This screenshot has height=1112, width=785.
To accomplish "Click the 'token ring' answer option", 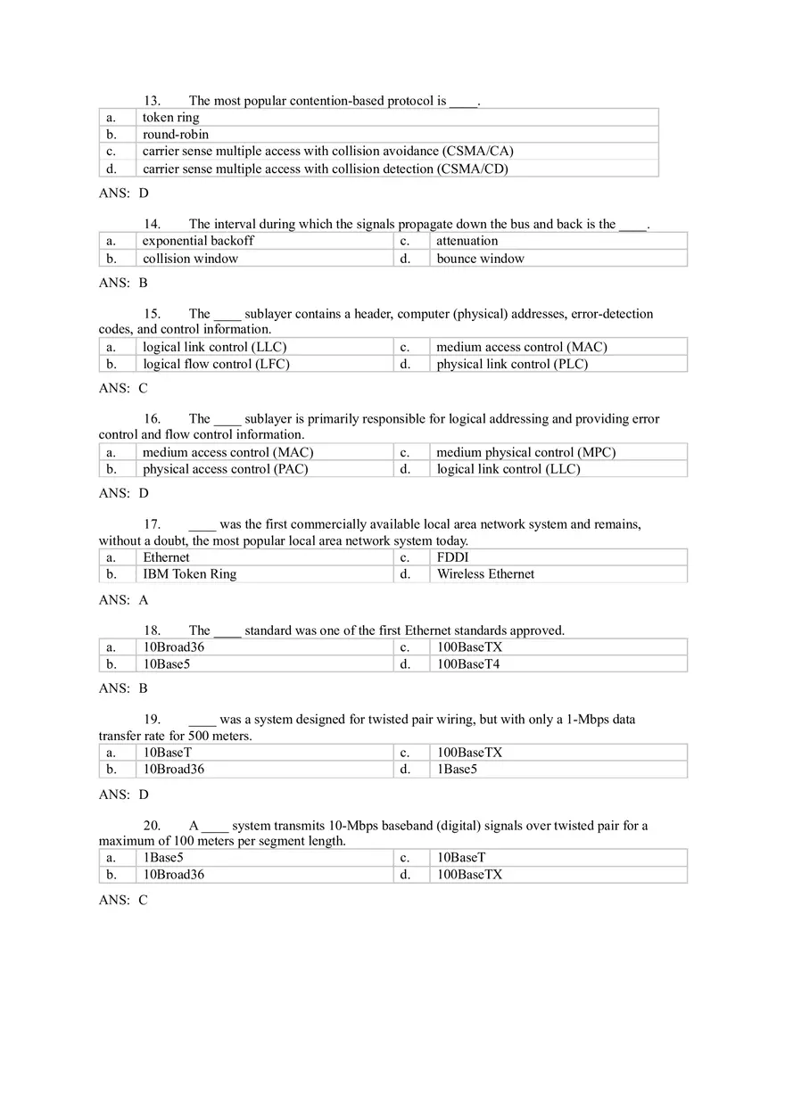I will click(170, 118).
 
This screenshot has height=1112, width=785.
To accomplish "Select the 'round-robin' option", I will click(176, 135).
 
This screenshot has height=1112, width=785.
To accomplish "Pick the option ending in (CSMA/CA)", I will click(327, 152).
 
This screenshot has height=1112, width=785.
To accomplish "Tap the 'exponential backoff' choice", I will click(198, 241).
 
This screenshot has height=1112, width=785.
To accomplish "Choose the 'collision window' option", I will click(190, 259).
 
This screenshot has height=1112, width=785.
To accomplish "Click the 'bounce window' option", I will click(480, 259).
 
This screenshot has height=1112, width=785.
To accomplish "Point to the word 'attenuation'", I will click(467, 241).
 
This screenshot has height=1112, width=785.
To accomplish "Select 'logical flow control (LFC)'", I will click(216, 364).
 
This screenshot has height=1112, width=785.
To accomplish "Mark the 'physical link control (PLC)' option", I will click(512, 364).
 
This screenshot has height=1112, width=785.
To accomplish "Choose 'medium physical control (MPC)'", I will click(525, 452).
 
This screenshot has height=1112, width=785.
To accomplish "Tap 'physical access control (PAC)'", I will click(225, 469).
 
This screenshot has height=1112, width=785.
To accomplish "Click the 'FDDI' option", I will click(452, 557).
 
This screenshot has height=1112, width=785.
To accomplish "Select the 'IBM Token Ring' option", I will click(189, 574).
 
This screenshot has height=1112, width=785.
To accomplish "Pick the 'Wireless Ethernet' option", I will click(485, 574).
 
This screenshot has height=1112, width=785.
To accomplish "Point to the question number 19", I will click(152, 720).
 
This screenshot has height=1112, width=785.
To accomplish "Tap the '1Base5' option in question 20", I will click(163, 858).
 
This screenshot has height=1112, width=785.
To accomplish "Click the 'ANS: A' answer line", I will click(123, 600).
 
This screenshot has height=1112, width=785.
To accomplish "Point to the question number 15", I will click(152, 314).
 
